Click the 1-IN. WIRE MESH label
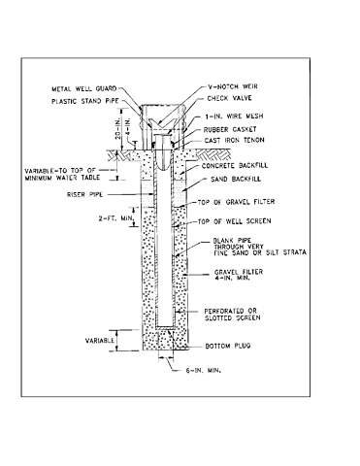235,116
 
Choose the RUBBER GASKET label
235,129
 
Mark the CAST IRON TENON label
238,142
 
